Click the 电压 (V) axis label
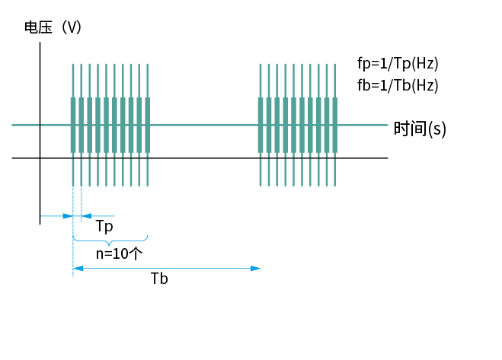tap(53, 27)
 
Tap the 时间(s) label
tap(420, 129)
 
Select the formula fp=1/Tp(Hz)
tap(398, 62)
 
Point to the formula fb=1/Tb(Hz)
tap(398, 85)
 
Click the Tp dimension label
tap(104, 227)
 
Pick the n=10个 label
tap(120, 253)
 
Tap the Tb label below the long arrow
tap(159, 279)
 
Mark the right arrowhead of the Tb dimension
tap(257, 268)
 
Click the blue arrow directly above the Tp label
tap(98, 216)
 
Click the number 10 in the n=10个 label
tap(120, 253)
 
